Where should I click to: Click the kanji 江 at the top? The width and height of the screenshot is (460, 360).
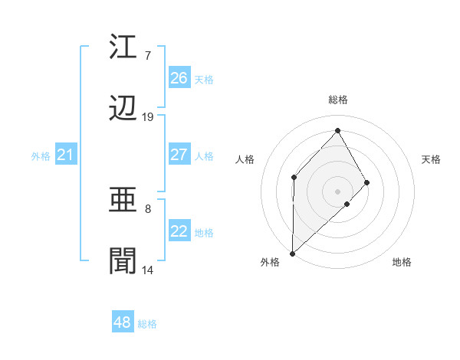click(124, 47)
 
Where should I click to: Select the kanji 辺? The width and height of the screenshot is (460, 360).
click(124, 110)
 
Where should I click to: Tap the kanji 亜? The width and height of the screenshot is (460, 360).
click(124, 201)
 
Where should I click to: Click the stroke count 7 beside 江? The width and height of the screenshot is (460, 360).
click(148, 56)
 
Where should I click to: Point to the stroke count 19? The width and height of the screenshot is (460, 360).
click(148, 117)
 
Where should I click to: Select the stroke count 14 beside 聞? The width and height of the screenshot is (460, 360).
click(148, 270)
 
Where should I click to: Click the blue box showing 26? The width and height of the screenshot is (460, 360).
click(179, 78)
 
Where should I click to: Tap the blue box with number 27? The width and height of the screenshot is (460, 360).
click(179, 155)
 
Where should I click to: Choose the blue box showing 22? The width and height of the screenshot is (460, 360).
click(179, 232)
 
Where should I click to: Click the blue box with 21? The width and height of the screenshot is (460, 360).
click(66, 155)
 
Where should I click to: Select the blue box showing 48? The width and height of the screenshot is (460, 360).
click(123, 322)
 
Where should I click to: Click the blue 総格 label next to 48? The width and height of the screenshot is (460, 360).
click(147, 324)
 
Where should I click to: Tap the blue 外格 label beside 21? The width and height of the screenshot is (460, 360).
click(41, 156)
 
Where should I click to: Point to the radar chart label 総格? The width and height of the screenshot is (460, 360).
click(338, 100)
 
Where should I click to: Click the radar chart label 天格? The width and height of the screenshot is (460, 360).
click(431, 159)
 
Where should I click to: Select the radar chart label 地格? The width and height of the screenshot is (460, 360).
click(402, 262)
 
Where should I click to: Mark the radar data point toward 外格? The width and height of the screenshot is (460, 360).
click(292, 253)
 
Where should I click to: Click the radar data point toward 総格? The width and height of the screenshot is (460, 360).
click(337, 131)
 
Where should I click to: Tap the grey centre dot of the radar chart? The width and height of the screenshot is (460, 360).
click(337, 191)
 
